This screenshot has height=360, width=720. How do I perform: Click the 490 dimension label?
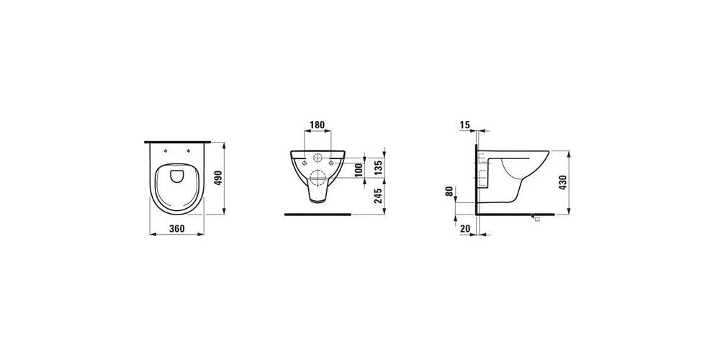[218, 178]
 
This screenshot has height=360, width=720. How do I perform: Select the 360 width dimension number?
[177, 228]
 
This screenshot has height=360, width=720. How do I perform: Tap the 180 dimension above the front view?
[318, 125]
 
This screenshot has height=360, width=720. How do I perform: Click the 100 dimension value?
[359, 170]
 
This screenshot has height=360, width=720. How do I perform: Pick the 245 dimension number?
[378, 196]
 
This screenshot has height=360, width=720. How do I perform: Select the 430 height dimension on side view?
[563, 182]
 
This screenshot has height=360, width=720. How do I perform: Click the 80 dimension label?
[449, 192]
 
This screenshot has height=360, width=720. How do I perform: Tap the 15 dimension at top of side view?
[465, 125]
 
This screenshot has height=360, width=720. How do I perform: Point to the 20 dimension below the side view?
[465, 228]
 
